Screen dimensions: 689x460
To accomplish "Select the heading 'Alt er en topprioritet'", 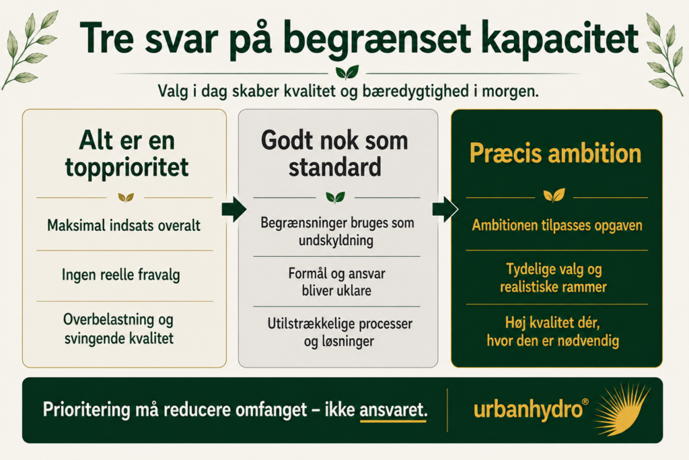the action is (127, 154).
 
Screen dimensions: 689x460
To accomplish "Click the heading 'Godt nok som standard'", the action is (335, 154).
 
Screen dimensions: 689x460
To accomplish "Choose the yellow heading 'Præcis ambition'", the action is (555, 153).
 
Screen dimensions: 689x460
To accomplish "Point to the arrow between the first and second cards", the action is (233, 209).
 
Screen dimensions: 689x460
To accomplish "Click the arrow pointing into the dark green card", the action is (445, 209).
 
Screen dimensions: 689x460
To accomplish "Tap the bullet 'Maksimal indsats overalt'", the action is (124, 225).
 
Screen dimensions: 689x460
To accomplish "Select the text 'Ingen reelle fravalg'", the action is (121, 275).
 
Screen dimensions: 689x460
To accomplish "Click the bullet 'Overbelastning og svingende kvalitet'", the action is (118, 329).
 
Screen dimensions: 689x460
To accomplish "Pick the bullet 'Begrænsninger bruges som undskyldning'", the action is (337, 232).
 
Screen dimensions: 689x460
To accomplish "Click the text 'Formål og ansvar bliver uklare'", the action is (336, 282).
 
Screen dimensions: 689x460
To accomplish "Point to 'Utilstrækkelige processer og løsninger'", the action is (340, 333).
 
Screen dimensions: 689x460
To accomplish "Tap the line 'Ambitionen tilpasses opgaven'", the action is (557, 225).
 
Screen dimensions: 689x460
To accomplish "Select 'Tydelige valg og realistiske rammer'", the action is (554, 278).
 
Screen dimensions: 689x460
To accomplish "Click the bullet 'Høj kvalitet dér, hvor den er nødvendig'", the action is (553, 331).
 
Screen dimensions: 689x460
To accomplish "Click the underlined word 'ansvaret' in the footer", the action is (393, 410).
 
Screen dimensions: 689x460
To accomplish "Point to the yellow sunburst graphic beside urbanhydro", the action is (620, 409).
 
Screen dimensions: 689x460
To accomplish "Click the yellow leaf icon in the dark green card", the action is (554, 195).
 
